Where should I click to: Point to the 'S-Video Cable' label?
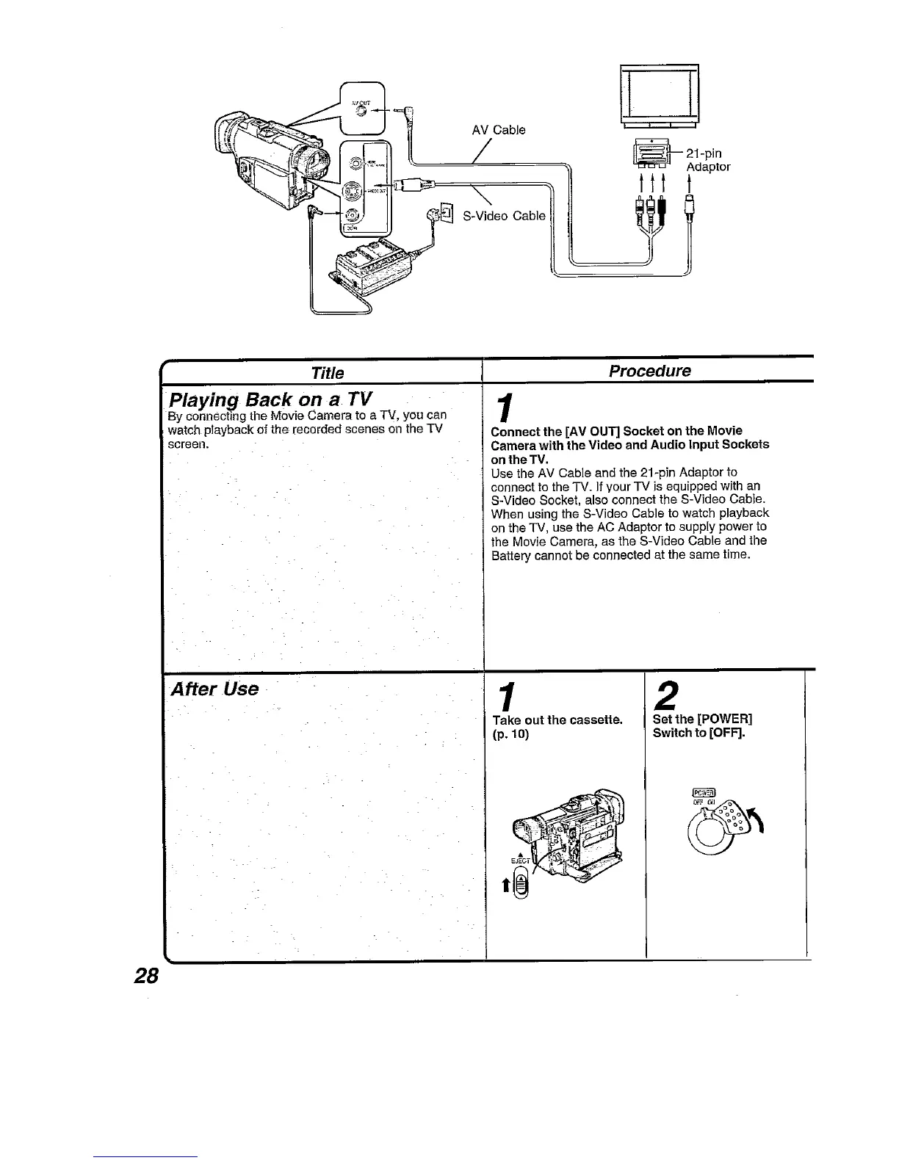pyautogui.click(x=504, y=215)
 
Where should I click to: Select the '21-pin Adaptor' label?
pyautogui.click(x=707, y=160)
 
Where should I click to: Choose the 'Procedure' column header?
pyautogui.click(x=649, y=370)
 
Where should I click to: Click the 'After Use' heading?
pyautogui.click(x=214, y=689)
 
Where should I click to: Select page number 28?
pyautogui.click(x=146, y=976)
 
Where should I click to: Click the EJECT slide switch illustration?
pyautogui.click(x=520, y=883)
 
